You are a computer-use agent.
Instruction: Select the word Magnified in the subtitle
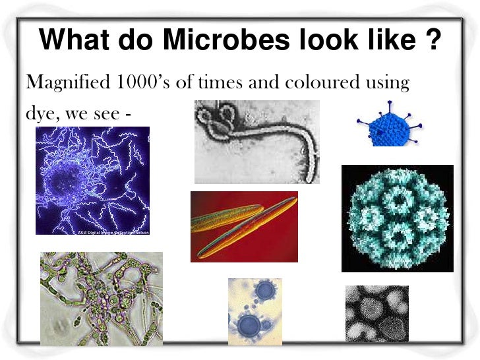(x=63, y=84)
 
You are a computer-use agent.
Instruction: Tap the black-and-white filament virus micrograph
(x=256, y=141)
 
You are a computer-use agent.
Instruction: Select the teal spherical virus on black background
(x=397, y=218)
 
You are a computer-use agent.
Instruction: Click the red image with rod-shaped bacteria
(x=244, y=226)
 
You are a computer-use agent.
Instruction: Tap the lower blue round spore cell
(x=249, y=324)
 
